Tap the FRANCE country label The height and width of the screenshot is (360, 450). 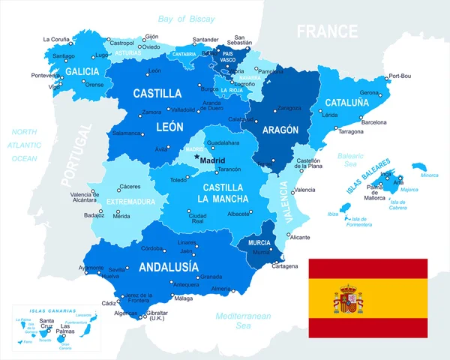point(327,31)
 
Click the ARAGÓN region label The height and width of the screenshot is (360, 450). point(279,130)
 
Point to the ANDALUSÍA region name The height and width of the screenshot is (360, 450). point(169,266)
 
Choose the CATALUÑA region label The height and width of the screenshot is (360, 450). point(347,102)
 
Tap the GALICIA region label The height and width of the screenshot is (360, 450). point(82,71)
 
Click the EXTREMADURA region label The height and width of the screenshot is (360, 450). point(130,202)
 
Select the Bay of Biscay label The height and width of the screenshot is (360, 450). point(186,18)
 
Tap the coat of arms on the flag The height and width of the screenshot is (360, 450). point(348,299)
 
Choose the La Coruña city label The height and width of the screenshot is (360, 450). point(56,39)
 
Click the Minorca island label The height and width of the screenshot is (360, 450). point(429,175)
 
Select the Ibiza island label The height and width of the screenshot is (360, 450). point(333,214)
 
